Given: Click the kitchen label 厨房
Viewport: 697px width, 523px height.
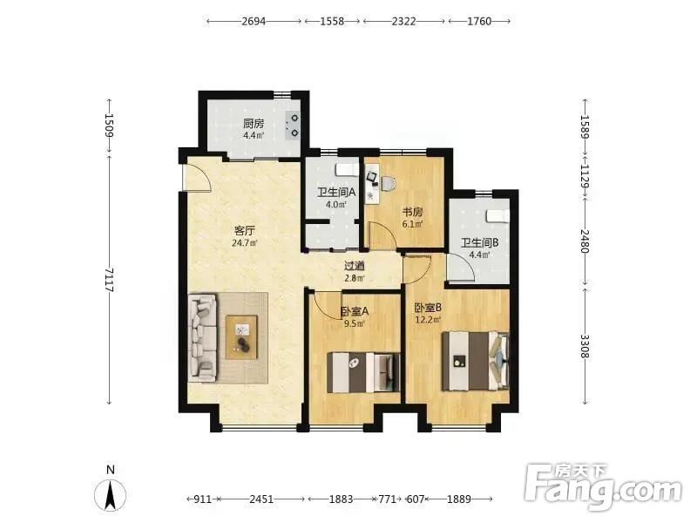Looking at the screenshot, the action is point(254,123).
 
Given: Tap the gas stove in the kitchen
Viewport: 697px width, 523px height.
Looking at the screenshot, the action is point(294,126).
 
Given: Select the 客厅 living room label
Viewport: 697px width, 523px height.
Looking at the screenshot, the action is point(245,231).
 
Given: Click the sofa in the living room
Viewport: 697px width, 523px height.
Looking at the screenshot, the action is point(203,338).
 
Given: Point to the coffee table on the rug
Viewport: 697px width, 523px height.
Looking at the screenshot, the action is point(242,336).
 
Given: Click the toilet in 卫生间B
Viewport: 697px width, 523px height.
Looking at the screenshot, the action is point(497,215).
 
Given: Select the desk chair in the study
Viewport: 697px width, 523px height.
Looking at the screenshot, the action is point(388,183).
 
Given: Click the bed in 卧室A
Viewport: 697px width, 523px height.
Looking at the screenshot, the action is point(363,372).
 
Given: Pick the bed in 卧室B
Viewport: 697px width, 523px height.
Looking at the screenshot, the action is point(475,361).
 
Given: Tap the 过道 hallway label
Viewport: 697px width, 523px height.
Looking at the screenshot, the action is point(355,266).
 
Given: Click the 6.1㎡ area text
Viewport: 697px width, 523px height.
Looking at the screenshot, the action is point(412,224).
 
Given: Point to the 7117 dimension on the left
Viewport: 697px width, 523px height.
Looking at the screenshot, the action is point(110,280).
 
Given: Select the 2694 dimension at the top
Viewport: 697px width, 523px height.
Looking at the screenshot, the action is point(254,21).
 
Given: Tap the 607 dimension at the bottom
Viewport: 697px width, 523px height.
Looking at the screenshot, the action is point(416,499).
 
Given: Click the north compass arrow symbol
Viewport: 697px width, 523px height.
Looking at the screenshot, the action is point(111,494).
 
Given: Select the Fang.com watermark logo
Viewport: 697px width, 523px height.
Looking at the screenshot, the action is point(603,487).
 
